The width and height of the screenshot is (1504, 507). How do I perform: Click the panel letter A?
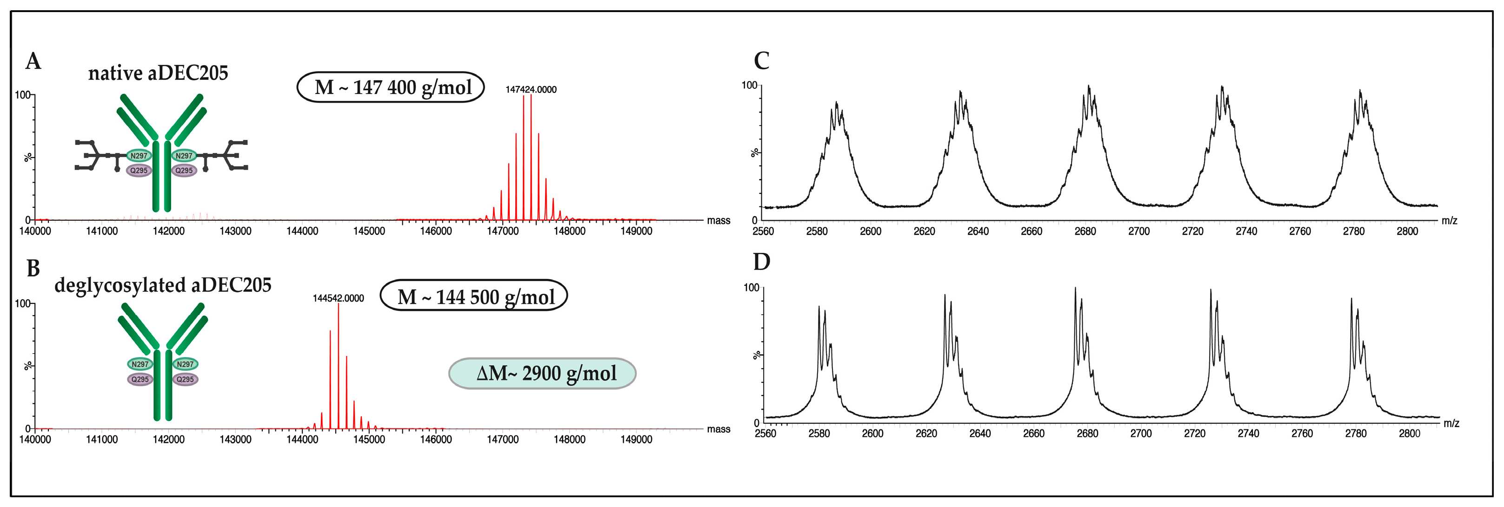pyautogui.click(x=33, y=61)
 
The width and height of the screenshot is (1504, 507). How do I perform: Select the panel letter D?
pyautogui.click(x=761, y=262)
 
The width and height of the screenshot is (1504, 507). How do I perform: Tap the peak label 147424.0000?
pyautogui.click(x=531, y=89)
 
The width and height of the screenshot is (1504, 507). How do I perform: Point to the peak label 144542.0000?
pyautogui.click(x=338, y=298)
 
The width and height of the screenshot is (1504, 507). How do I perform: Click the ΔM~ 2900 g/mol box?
pyautogui.click(x=542, y=373)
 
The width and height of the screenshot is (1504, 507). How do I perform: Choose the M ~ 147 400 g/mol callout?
pyautogui.click(x=391, y=87)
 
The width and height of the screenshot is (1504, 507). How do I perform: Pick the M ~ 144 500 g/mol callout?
pyautogui.click(x=473, y=296)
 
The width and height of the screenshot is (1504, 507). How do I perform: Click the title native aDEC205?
pyautogui.click(x=158, y=73)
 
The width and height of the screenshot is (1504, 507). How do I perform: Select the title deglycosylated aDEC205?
pyautogui.click(x=162, y=285)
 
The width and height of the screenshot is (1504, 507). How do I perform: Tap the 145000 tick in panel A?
pyautogui.click(x=369, y=231)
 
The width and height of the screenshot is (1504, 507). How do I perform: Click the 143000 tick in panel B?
pyautogui.click(x=235, y=439)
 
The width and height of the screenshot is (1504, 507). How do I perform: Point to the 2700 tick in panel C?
pyautogui.click(x=1138, y=231)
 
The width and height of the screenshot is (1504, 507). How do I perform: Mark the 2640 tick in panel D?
pyautogui.click(x=980, y=434)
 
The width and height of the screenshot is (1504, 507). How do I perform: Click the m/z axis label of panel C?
pyautogui.click(x=1449, y=221)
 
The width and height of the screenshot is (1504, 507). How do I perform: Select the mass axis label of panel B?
pyautogui.click(x=718, y=429)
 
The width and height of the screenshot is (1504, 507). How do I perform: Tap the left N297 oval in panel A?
pyautogui.click(x=139, y=156)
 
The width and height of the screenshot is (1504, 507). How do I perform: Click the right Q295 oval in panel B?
pyautogui.click(x=185, y=379)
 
